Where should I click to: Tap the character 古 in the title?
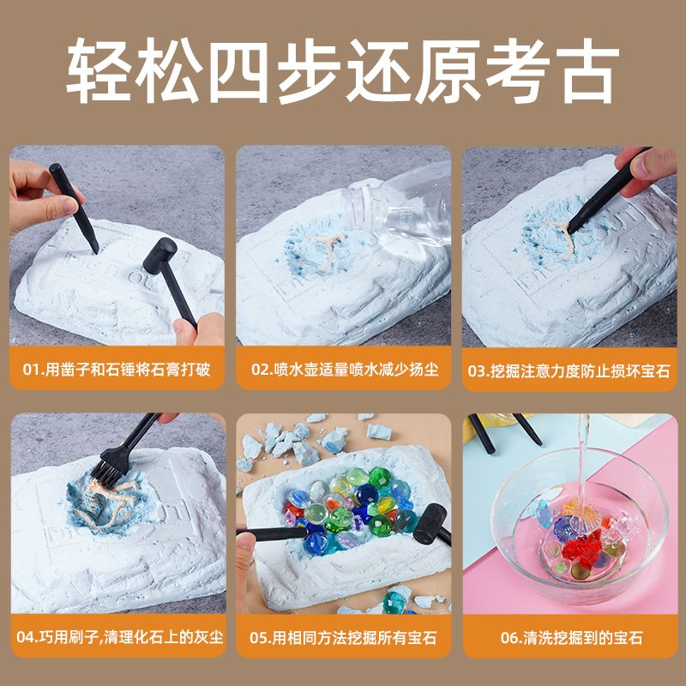tap(587, 70)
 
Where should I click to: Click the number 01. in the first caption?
tap(33, 370)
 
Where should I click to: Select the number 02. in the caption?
tap(262, 370)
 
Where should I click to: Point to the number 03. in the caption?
tap(478, 371)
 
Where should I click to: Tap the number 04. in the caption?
tap(27, 637)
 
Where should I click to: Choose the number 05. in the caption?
tap(261, 638)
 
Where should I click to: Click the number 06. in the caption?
tap(511, 638)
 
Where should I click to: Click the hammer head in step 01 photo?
tap(160, 256)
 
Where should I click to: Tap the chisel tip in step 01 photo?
tap(95, 250)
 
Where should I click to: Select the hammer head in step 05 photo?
tap(430, 524)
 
